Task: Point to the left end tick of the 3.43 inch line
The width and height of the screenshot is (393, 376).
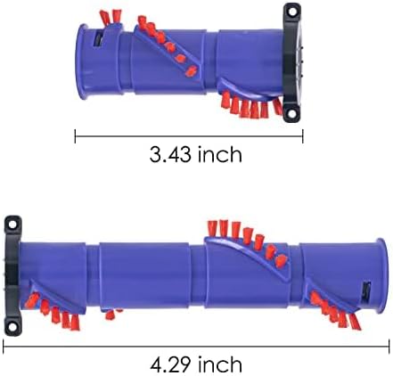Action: click(76, 136)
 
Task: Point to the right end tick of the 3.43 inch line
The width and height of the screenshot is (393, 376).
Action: click(304, 136)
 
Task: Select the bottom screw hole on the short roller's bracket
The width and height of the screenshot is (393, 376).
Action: click(290, 111)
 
